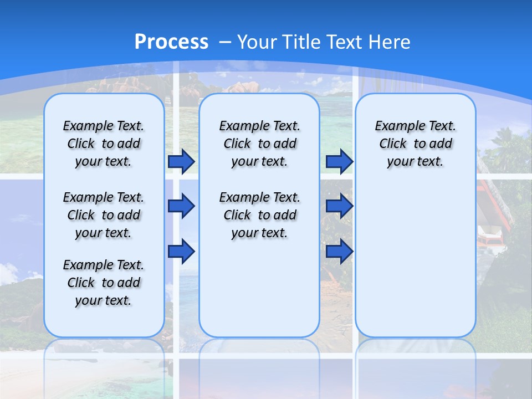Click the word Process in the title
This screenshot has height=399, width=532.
171,42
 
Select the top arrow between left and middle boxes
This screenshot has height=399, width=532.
181,161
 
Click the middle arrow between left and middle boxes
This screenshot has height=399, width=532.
181,206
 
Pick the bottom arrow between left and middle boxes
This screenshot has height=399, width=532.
181,251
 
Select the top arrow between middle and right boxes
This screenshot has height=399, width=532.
339,161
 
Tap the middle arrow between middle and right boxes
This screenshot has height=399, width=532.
339,206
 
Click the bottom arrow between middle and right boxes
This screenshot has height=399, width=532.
339,251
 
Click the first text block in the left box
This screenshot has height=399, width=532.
103,144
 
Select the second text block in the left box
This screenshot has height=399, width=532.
103,215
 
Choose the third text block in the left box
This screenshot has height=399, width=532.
103,283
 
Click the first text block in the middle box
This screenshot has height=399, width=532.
259,144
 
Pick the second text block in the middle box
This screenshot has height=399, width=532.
259,215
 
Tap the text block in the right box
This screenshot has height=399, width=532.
415,144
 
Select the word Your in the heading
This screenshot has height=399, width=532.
257,42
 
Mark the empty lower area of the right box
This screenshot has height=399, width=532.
415,260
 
